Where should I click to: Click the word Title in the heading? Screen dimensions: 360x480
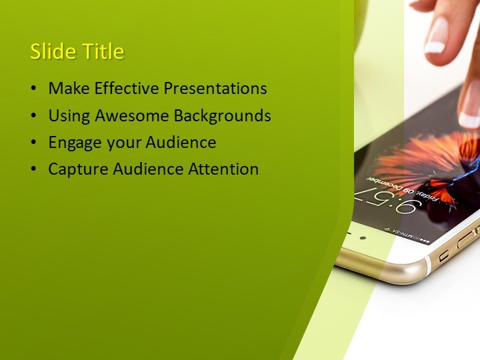pyautogui.click(x=100, y=52)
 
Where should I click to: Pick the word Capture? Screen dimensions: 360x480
pyautogui.click(x=75, y=169)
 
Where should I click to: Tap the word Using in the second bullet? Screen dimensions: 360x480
pyautogui.click(x=69, y=115)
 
